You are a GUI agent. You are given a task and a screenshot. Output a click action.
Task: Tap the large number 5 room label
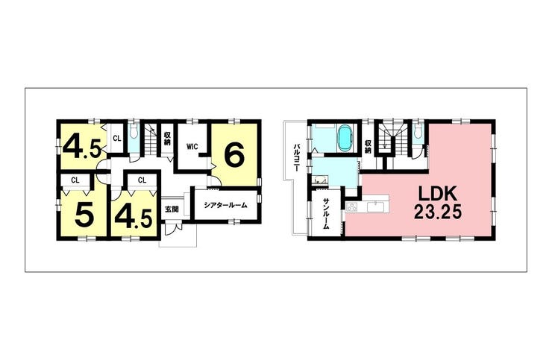pyautogui.click(x=84, y=215)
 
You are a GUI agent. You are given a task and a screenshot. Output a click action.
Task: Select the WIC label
pyautogui.click(x=192, y=147)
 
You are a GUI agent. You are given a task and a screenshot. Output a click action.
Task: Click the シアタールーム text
pyautogui.click(x=226, y=205)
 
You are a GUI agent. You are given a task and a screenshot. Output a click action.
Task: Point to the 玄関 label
pyautogui.click(x=172, y=209)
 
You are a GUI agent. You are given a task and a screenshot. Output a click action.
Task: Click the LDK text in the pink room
pyautogui.click(x=437, y=195)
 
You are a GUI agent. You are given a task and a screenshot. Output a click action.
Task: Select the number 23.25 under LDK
pyautogui.click(x=437, y=212)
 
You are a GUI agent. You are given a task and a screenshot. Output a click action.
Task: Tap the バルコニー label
pyautogui.click(x=296, y=157)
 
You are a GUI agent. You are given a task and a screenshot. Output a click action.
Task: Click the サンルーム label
pyautogui.click(x=326, y=214)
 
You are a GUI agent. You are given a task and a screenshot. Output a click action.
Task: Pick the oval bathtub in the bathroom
pyautogui.click(x=345, y=139)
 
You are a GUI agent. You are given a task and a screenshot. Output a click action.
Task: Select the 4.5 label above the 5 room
pyautogui.click(x=82, y=148)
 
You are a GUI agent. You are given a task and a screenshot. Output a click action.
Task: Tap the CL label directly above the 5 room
pyautogui.click(x=75, y=180)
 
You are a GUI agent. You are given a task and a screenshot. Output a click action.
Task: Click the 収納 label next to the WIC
pyautogui.click(x=166, y=138)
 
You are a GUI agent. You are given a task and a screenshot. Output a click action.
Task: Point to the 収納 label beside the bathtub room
pyautogui.click(x=368, y=147)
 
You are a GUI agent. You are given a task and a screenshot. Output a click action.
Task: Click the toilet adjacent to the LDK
pyautogui.click(x=418, y=131)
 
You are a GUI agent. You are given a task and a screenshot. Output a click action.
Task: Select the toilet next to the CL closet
pyautogui.click(x=133, y=131)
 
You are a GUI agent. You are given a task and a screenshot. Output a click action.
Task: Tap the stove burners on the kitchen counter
pyautogui.click(x=351, y=208)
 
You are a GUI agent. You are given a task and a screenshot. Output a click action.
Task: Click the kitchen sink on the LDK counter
pyautogui.click(x=377, y=206)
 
